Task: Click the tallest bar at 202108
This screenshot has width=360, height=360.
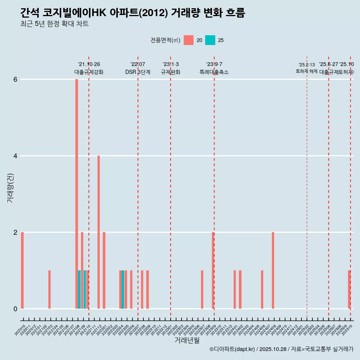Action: click(x=76, y=194)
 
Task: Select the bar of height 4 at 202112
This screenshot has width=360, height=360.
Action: click(x=99, y=232)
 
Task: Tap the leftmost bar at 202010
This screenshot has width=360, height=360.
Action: click(x=22, y=270)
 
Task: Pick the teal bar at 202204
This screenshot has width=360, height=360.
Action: click(x=123, y=289)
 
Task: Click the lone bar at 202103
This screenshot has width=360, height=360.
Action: click(x=49, y=289)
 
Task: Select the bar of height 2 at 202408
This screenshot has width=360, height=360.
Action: click(x=273, y=270)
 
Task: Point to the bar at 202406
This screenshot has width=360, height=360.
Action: click(x=262, y=289)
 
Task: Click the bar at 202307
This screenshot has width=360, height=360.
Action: click(x=202, y=289)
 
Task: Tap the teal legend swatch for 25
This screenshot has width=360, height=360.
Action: click(x=210, y=40)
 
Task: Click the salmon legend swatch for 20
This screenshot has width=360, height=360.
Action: click(x=189, y=40)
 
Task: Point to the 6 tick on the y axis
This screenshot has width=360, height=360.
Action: click(x=15, y=79)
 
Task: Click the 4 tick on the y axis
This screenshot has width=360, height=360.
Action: click(x=15, y=156)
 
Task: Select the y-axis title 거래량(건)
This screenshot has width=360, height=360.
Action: click(x=10, y=188)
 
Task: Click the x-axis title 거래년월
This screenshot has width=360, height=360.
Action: click(x=187, y=340)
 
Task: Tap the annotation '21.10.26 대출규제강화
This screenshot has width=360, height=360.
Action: click(x=89, y=68)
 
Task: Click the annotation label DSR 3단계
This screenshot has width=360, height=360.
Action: click(x=138, y=72)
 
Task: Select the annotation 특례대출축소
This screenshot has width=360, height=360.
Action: click(x=214, y=72)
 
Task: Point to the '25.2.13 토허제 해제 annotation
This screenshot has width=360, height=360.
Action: click(x=307, y=68)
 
